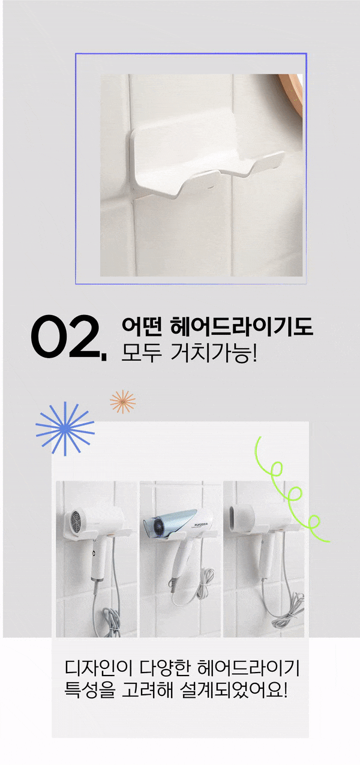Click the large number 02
(x=68, y=337)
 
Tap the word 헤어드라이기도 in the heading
(x=241, y=326)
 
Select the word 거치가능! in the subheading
(x=214, y=353)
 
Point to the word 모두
(x=142, y=353)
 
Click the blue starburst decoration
(x=65, y=428)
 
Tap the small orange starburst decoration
(x=122, y=401)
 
